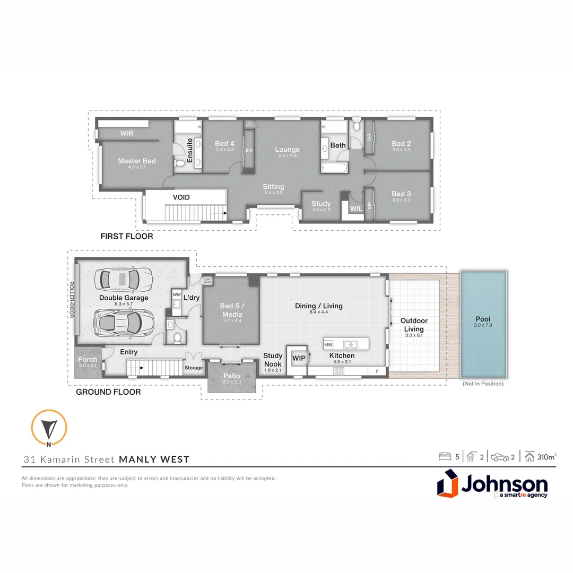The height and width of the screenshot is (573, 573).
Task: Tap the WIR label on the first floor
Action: pos(127,133)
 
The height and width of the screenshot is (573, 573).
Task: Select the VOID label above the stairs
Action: pos(181,197)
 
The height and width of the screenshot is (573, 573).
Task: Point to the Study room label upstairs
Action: pos(321,204)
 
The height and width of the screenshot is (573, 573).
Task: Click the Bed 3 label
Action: pos(401,194)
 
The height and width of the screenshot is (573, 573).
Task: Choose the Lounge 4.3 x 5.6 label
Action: pos(287,150)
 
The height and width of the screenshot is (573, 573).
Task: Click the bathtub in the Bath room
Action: pos(334,168)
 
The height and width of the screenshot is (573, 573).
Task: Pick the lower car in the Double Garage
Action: pos(124,322)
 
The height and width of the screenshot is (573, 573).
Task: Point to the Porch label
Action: pos(88,360)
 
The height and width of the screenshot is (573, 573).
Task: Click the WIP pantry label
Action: pos(299,359)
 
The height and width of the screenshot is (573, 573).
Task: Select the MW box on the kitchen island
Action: pos(328,345)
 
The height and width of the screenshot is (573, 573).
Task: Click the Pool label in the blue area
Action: pos(483,319)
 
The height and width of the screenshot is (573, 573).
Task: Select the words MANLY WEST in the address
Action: pos(154,459)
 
